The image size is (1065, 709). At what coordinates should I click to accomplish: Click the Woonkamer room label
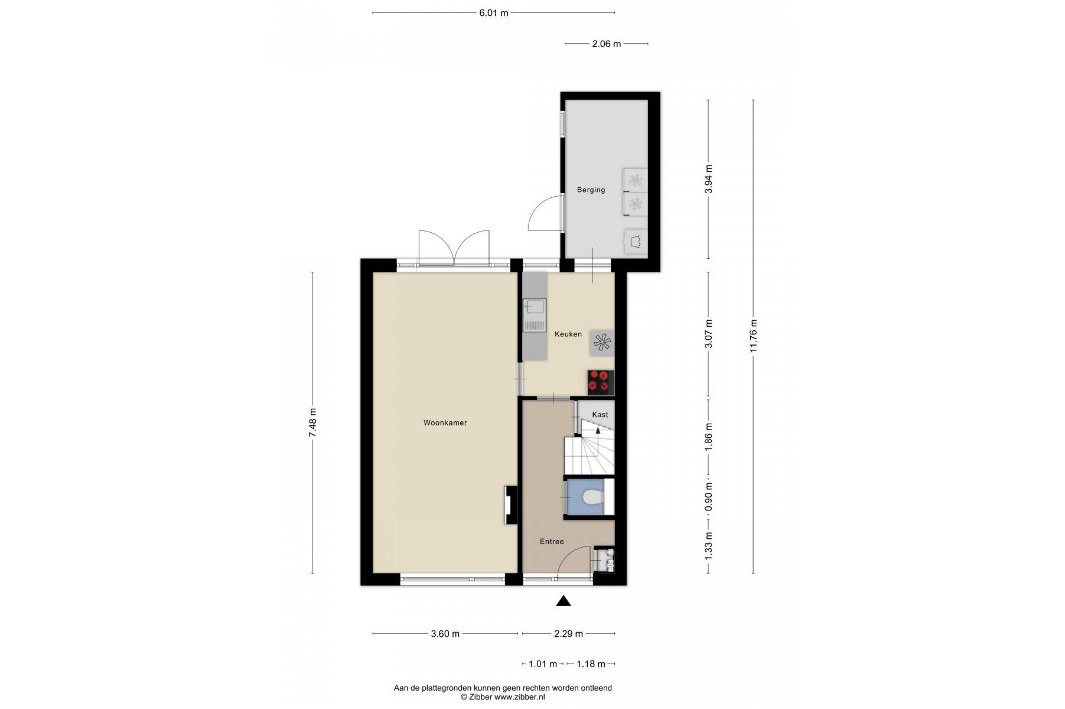pyautogui.click(x=445, y=423)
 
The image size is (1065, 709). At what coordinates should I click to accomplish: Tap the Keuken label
pyautogui.click(x=568, y=334)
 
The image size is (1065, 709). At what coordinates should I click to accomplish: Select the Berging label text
pyautogui.click(x=591, y=190)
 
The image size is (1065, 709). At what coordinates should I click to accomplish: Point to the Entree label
pyautogui.click(x=552, y=542)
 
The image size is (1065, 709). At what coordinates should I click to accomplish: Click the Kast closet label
pyautogui.click(x=600, y=415)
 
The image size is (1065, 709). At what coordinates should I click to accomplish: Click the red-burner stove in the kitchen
pyautogui.click(x=601, y=382)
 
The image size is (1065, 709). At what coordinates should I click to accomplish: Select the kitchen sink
pyautogui.click(x=535, y=316)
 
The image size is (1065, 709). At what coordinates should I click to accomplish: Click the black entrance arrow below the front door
pyautogui.click(x=564, y=601)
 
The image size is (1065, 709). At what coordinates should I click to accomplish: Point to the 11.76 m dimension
pyautogui.click(x=753, y=336)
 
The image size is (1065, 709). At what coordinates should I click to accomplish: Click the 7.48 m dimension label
pyautogui.click(x=312, y=423)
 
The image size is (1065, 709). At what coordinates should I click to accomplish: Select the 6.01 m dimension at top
pyautogui.click(x=494, y=13)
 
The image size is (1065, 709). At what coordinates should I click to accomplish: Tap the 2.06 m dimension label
pyautogui.click(x=607, y=44)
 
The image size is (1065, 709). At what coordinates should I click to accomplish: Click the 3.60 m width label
pyautogui.click(x=445, y=634)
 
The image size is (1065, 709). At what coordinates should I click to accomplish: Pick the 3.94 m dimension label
pyautogui.click(x=709, y=179)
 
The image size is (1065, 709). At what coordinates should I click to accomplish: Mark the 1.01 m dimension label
pyautogui.click(x=543, y=664)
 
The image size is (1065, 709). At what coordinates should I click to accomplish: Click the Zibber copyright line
pyautogui.click(x=503, y=697)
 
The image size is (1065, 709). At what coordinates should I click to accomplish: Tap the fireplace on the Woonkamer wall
pyautogui.click(x=510, y=505)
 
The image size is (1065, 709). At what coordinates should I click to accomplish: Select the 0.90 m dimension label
pyautogui.click(x=709, y=497)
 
